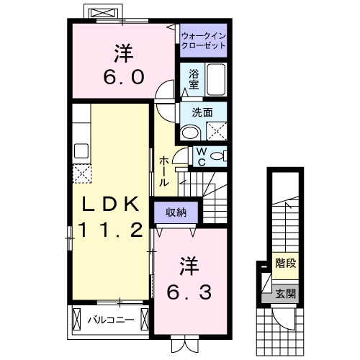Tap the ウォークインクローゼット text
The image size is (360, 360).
(203, 40)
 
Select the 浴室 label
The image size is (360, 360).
(194, 78)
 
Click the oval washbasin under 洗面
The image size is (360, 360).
(190, 131)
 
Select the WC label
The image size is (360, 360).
(202, 156)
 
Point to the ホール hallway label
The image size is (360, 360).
(165, 171)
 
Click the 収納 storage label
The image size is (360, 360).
(176, 212)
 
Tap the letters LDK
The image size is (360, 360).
(109, 204)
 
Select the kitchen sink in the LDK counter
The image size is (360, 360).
(81, 150)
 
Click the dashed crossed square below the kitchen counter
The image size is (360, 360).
(81, 174)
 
